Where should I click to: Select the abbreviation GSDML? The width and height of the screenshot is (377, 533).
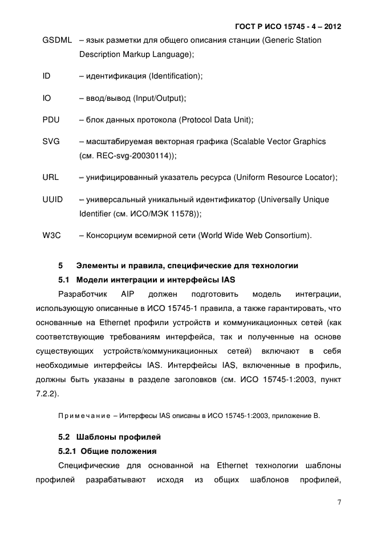(57, 40)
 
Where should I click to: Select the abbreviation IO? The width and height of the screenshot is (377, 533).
(47, 98)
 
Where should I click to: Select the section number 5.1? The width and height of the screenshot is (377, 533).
(65, 280)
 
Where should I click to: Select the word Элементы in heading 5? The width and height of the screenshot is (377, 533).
(96, 266)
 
